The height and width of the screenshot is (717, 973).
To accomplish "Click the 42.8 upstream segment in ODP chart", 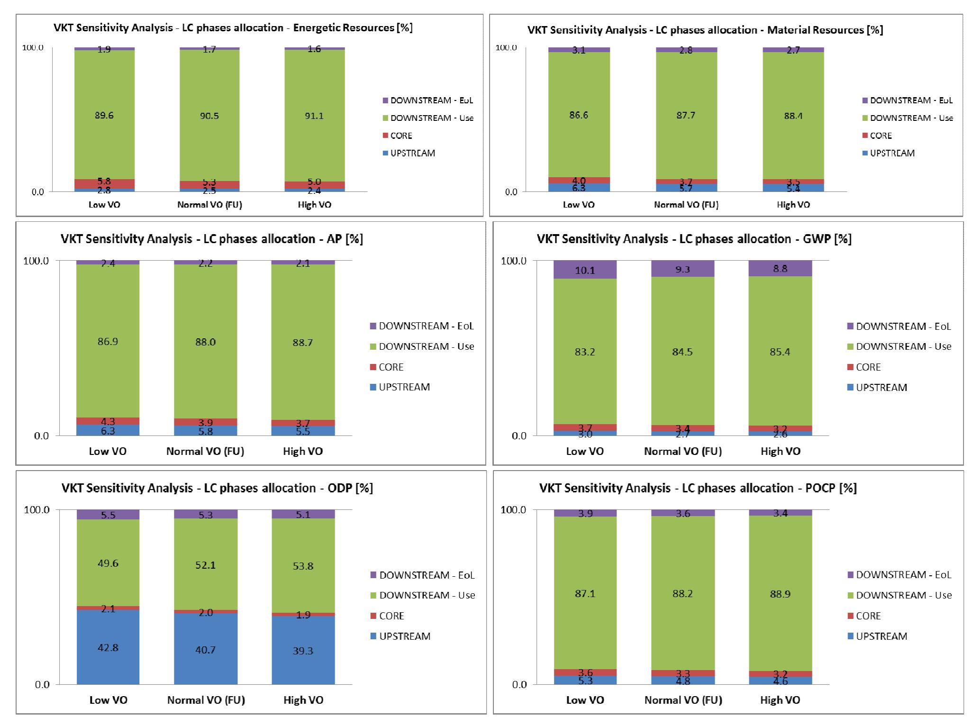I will point(108,647).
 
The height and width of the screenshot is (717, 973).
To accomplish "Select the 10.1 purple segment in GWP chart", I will point(585,270).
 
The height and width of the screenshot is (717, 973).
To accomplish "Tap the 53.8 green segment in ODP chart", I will point(303,566).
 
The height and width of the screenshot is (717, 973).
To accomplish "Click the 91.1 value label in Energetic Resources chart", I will point(314,116).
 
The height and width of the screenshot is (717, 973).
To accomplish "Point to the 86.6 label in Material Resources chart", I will point(579,115).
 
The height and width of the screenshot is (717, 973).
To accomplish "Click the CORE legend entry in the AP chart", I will point(391,367).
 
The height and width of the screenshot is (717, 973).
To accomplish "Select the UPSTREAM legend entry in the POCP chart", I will point(881,636).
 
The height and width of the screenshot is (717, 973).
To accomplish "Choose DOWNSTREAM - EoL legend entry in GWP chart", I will point(903,326).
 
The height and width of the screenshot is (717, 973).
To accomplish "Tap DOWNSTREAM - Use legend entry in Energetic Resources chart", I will point(431,118).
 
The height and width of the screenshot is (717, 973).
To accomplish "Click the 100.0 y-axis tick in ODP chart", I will point(36,510).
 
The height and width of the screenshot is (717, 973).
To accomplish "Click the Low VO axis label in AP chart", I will point(108,451).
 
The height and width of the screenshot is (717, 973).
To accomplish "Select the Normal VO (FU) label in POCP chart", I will point(682,700).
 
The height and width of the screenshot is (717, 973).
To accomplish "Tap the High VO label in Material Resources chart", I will point(793,205).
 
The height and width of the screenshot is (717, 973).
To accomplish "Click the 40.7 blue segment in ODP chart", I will point(205,650).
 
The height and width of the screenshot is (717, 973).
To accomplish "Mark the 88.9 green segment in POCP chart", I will point(780,594).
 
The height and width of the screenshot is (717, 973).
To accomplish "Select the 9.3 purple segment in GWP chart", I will point(682,269).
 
